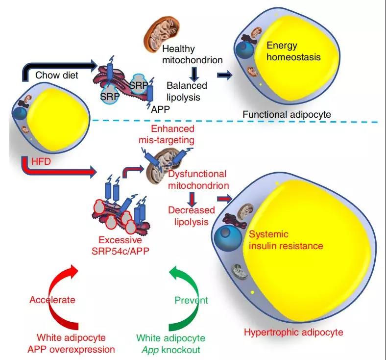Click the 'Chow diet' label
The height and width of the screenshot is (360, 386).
click(57, 75)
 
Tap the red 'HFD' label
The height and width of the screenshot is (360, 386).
click(41, 161)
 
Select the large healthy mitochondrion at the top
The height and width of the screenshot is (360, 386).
click(161, 34)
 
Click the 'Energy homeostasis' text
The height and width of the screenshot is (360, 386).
click(293, 51)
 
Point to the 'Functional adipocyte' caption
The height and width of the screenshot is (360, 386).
click(287, 115)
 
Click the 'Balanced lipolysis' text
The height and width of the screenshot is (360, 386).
click(187, 91)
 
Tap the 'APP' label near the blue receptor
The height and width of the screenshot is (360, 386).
click(161, 109)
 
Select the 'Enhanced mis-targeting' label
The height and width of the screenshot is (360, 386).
click(167, 134)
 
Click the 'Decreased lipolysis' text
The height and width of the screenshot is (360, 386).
click(192, 216)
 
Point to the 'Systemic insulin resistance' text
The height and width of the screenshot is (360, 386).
click(286, 240)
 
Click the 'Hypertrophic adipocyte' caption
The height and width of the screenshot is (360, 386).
click(293, 332)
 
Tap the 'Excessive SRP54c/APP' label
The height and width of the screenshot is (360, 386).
click(121, 245)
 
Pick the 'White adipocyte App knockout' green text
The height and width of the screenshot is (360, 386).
click(171, 344)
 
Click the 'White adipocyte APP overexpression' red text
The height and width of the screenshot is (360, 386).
click(71, 343)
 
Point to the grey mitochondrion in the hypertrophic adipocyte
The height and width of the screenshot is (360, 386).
click(239, 272)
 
